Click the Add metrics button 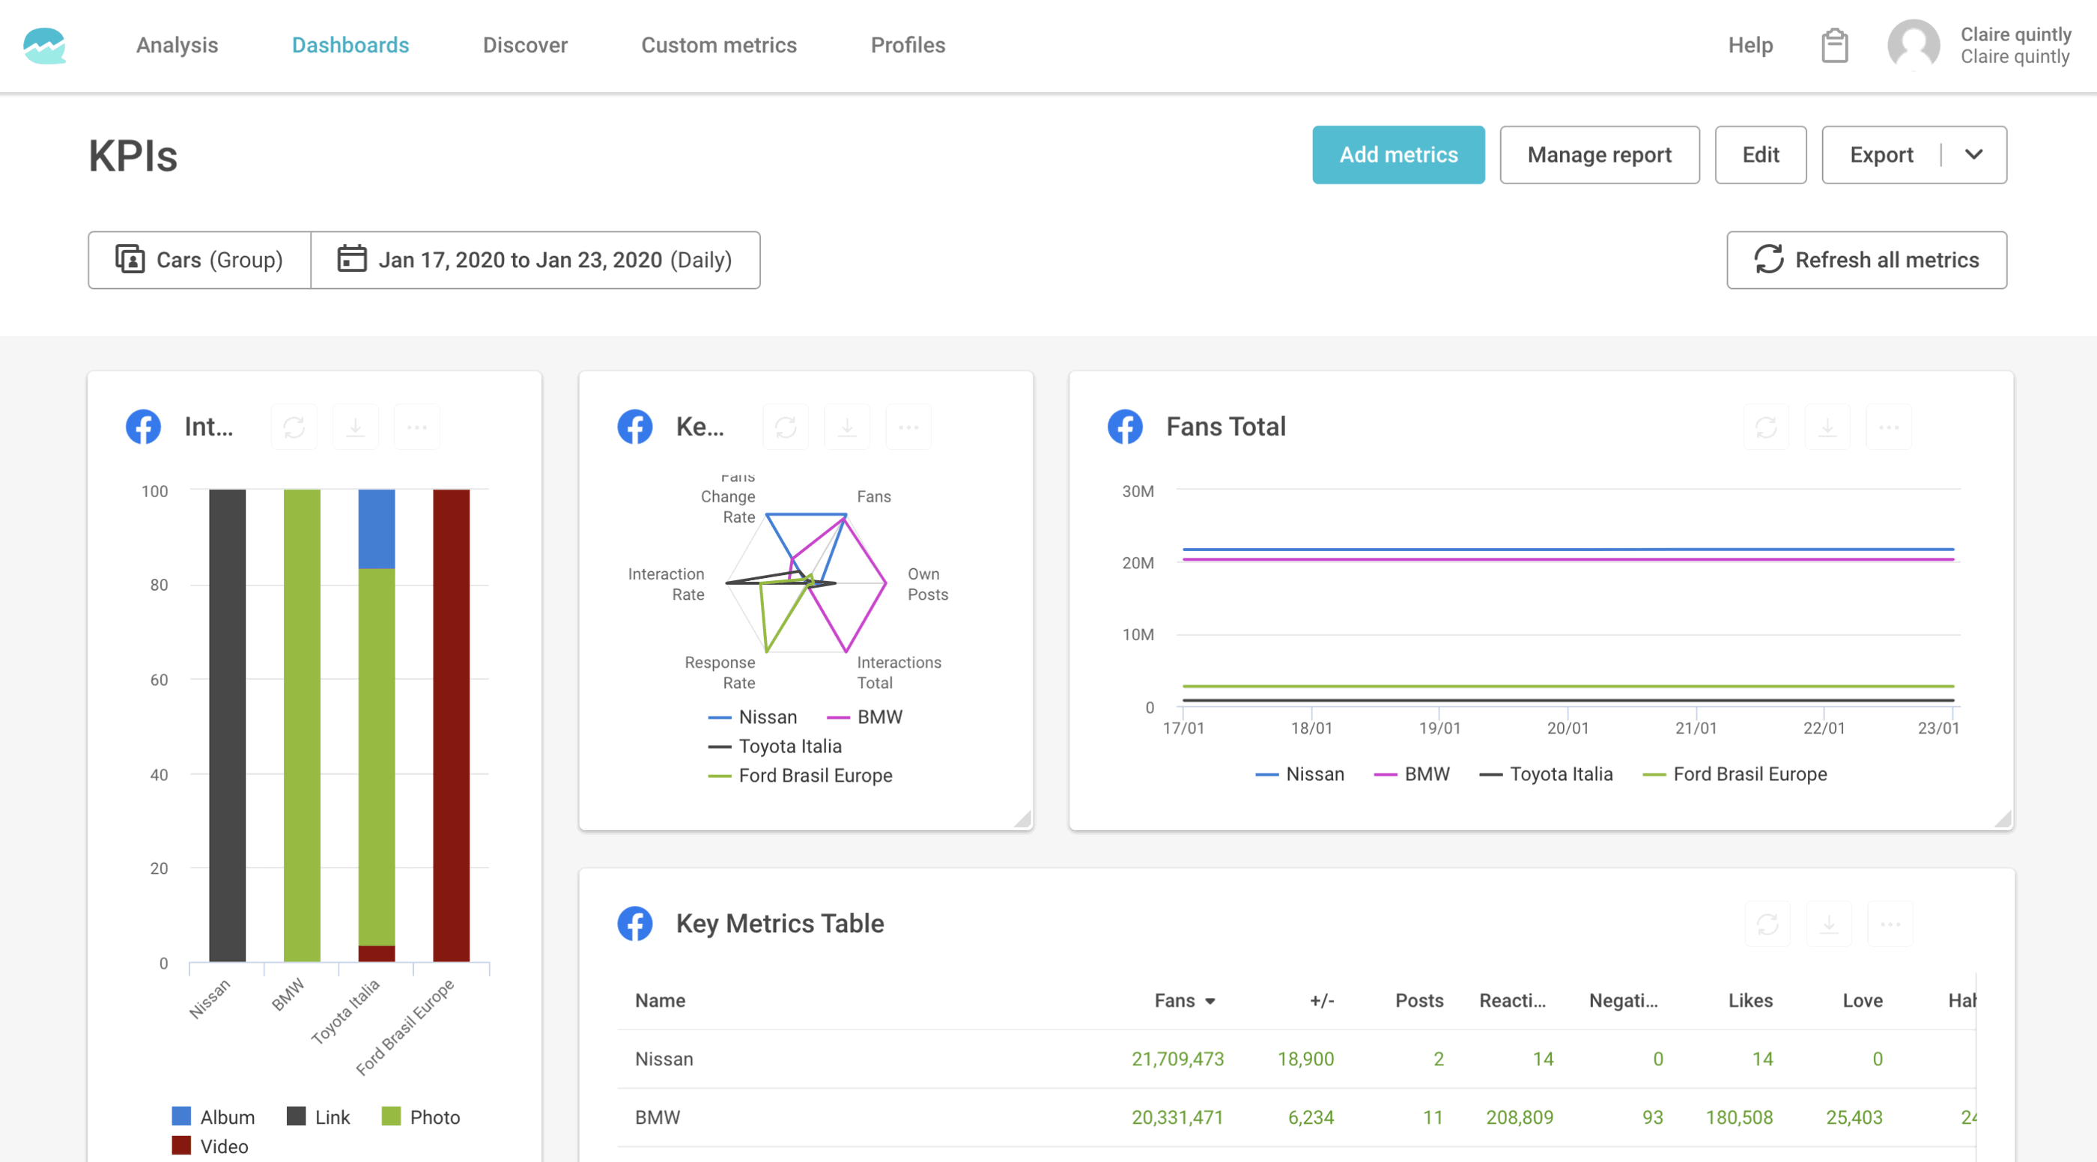[1398, 154]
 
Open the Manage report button [1599, 154]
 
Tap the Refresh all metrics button [1866, 260]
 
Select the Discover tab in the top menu [525, 45]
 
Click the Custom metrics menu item [719, 45]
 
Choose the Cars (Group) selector [199, 260]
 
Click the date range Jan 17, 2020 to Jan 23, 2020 [535, 260]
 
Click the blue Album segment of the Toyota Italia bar [376, 528]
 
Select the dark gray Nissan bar [227, 724]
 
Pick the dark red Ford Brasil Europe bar [451, 724]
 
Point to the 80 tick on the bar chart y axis [159, 585]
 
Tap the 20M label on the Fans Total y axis [1137, 563]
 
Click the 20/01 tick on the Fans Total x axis [1567, 728]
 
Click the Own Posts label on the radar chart [926, 584]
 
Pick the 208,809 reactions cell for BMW [1519, 1117]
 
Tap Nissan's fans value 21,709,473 [1177, 1059]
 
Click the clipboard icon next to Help [1834, 46]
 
